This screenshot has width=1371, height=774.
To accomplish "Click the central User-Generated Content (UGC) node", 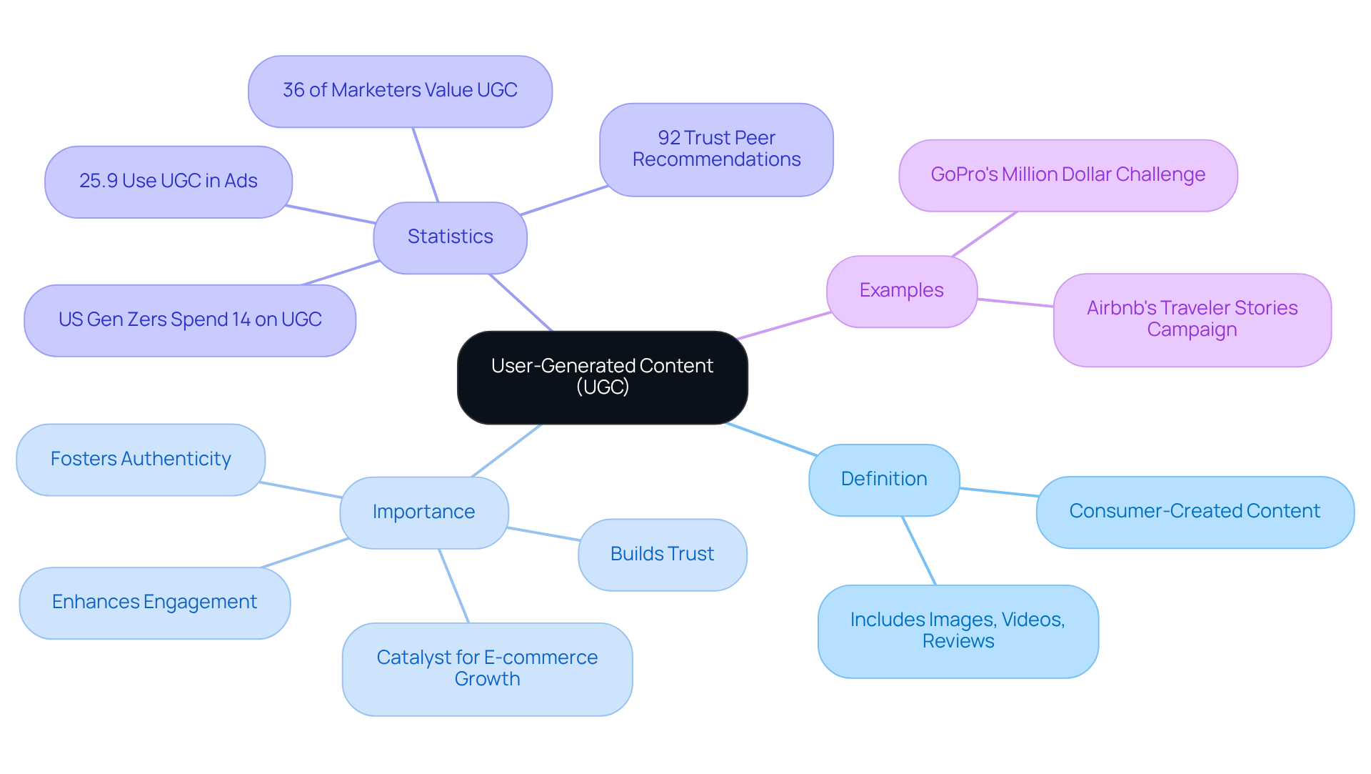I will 602,377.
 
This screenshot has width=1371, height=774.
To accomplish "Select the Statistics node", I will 450,237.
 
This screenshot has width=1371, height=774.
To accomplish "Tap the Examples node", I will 901,291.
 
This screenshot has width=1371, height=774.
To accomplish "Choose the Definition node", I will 883,480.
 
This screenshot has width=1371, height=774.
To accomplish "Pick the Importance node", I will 423,512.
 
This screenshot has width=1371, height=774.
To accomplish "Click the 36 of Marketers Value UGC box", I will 400,91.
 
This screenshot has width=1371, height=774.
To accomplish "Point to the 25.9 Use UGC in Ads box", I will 168,182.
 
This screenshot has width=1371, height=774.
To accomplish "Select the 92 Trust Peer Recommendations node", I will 716,149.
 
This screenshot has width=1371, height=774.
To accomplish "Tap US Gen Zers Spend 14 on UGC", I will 190,320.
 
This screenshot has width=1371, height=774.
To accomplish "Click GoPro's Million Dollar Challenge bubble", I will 1068,175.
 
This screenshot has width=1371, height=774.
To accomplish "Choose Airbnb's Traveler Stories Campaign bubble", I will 1192,319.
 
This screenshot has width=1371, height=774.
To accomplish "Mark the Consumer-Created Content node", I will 1195,512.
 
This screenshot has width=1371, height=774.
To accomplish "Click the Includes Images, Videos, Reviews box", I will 958,631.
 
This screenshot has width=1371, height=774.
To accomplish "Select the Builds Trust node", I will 662,555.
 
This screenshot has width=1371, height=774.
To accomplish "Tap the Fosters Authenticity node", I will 141,460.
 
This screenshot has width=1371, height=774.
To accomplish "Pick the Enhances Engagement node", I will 154,602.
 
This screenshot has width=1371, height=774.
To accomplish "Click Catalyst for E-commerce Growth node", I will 487,669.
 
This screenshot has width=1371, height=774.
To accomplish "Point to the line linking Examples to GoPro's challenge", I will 985,234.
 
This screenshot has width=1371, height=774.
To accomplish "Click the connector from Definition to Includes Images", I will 919,550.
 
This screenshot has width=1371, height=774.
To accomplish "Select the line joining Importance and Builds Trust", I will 543,534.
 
